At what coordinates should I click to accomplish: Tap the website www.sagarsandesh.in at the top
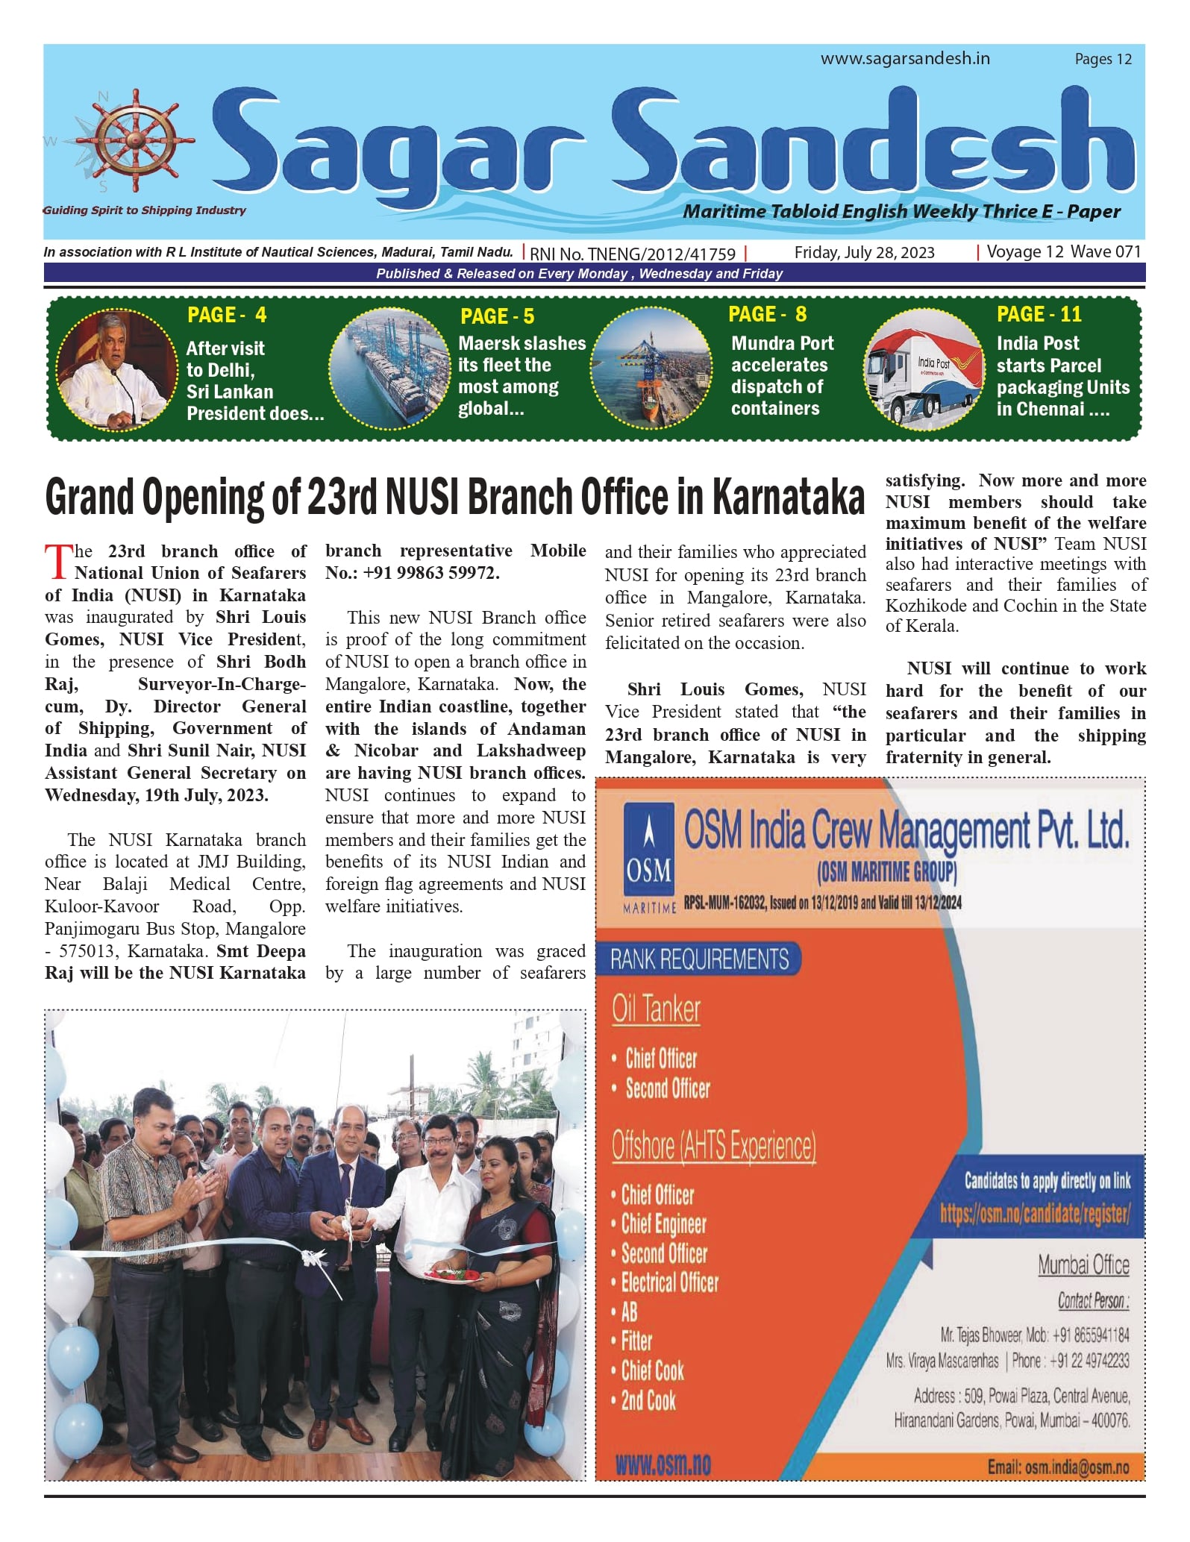point(905,59)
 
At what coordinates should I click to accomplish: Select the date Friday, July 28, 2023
point(864,253)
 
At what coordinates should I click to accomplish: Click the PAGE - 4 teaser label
point(227,315)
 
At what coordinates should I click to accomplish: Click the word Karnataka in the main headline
point(788,498)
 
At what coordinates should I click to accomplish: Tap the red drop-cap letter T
point(58,562)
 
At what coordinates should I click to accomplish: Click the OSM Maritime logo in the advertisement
point(649,853)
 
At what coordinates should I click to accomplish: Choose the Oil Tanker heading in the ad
point(656,1009)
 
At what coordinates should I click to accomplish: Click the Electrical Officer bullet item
point(669,1283)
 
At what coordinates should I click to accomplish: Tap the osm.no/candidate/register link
point(1035,1214)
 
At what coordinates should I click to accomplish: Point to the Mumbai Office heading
point(1083,1265)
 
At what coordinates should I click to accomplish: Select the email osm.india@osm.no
point(1058,1467)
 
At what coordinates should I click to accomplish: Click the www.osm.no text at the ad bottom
point(663,1465)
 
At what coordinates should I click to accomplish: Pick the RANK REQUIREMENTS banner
point(699,959)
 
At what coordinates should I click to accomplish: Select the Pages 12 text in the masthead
point(1103,60)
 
